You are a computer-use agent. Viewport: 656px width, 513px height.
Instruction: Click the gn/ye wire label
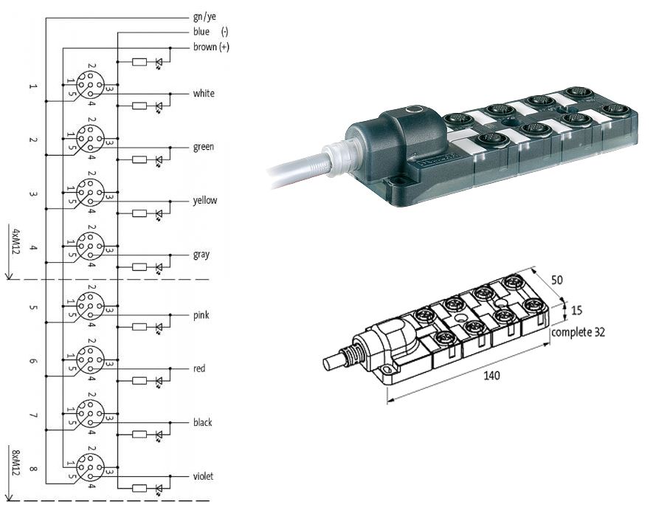(204, 17)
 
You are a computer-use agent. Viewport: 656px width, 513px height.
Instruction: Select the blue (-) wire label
(210, 32)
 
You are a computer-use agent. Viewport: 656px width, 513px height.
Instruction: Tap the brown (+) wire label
(211, 47)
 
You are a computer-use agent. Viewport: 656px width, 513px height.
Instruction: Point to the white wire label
(204, 93)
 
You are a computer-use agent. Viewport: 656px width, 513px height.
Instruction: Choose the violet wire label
(204, 476)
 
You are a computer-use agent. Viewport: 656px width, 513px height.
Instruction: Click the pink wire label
(201, 315)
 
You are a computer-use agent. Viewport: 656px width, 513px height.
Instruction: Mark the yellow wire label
(205, 201)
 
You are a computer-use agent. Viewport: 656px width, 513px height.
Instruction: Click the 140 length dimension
(491, 375)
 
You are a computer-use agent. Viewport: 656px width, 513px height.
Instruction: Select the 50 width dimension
(557, 280)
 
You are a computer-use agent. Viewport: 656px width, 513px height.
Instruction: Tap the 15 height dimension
(576, 311)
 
